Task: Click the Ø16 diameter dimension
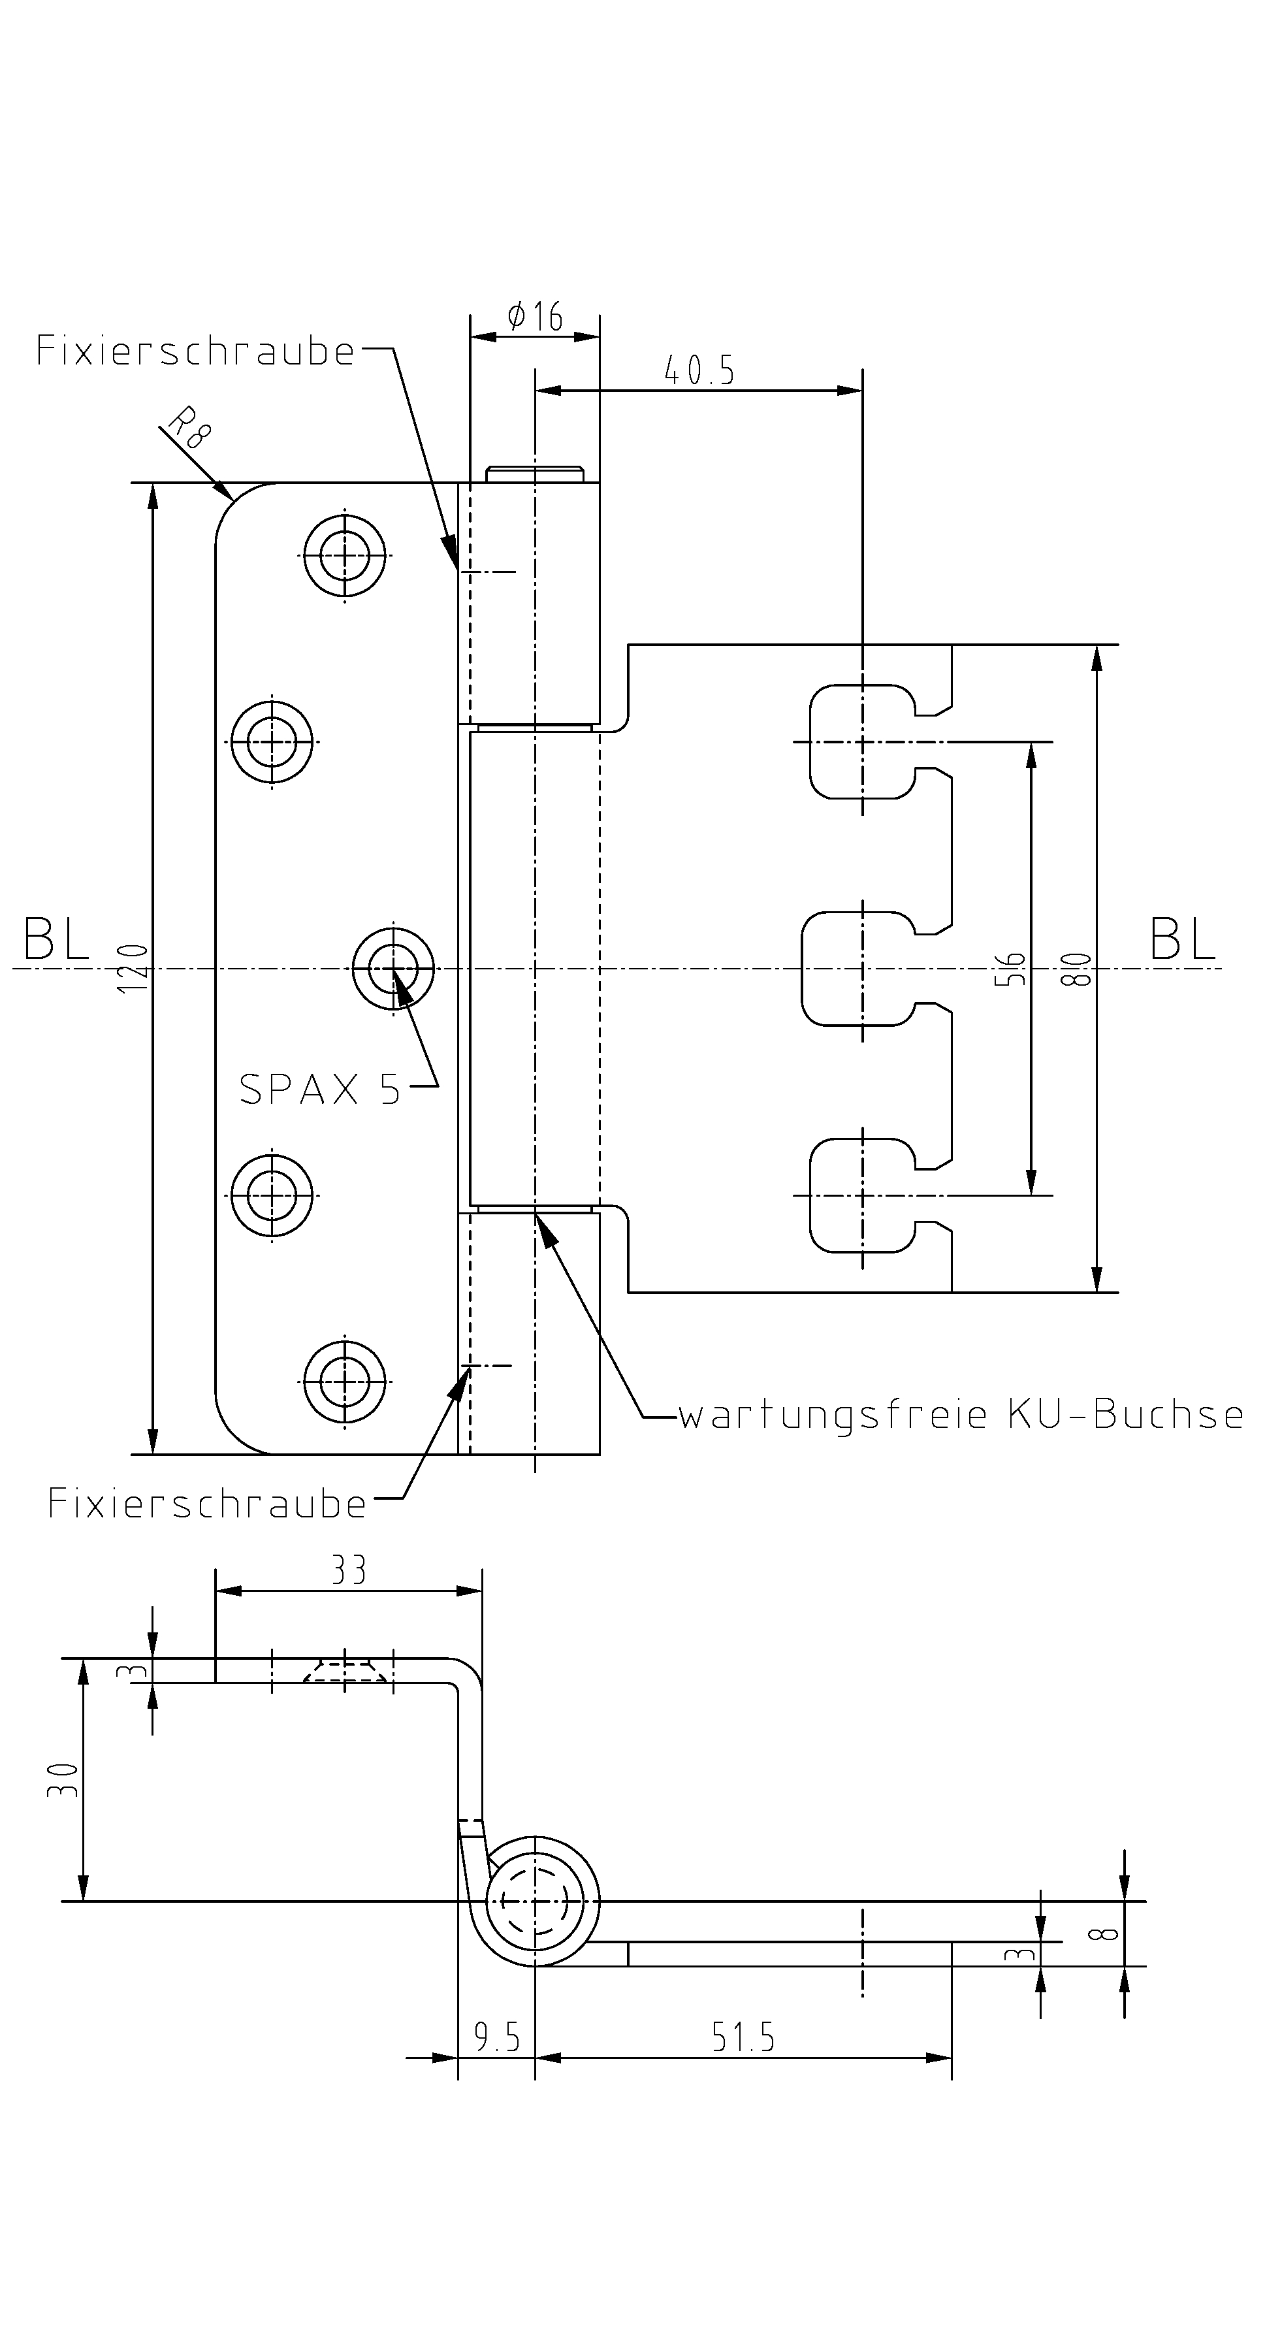click(x=535, y=317)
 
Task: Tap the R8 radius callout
click(x=189, y=428)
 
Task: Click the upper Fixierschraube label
click(x=195, y=351)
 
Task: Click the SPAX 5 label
click(x=319, y=1089)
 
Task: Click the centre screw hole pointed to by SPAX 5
click(x=394, y=969)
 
